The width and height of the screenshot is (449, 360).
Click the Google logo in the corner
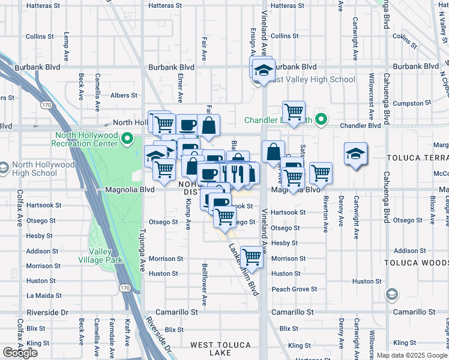click(20, 353)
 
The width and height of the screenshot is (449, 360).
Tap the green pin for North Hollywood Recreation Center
click(127, 140)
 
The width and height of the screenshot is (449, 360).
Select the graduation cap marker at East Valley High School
click(263, 70)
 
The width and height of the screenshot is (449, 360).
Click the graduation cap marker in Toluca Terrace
click(355, 154)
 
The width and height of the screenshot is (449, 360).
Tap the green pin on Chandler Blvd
click(321, 120)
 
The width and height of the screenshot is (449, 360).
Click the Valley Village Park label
click(100, 256)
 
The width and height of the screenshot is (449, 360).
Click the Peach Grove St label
click(294, 289)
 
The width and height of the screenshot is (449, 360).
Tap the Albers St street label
click(124, 95)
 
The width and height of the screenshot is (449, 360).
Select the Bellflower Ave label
click(205, 293)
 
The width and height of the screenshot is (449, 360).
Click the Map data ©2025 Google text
click(412, 355)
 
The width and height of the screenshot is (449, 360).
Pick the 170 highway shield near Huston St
click(124, 288)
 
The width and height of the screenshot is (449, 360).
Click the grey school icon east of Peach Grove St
click(391, 294)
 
